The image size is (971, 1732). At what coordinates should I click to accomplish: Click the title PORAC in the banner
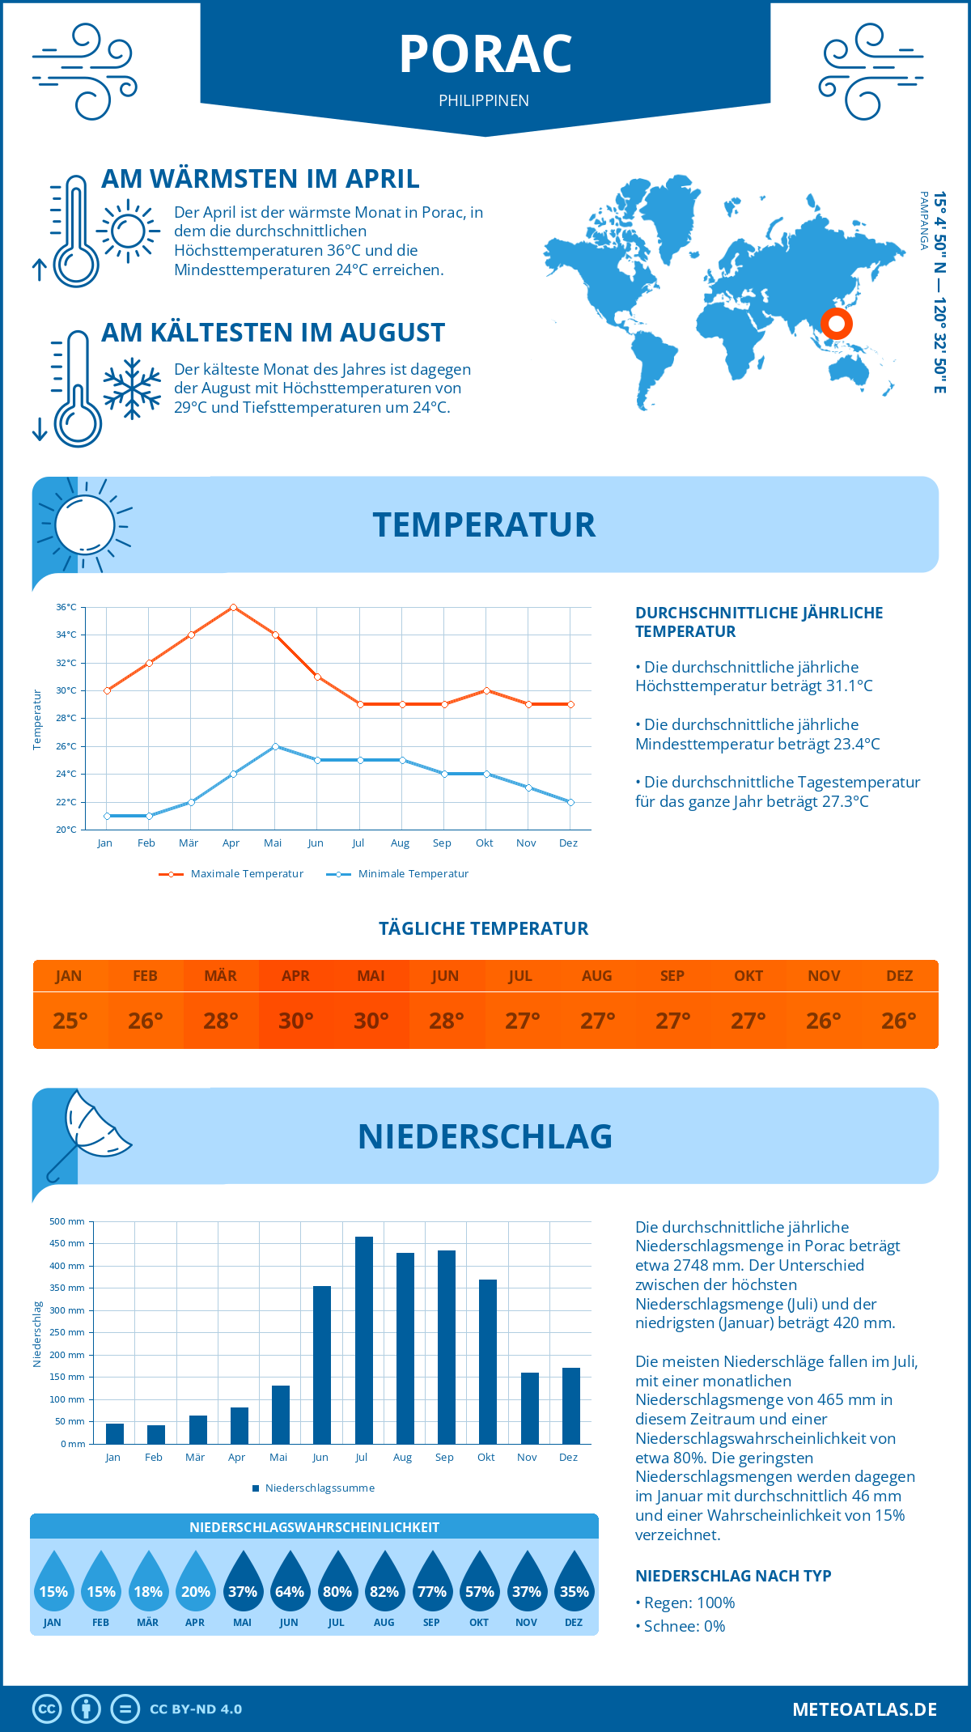[x=485, y=54]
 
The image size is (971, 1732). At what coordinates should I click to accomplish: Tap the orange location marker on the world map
[x=836, y=324]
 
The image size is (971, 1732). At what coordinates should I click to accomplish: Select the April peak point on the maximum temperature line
[x=233, y=607]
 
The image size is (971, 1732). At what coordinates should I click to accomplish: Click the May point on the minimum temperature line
[x=275, y=746]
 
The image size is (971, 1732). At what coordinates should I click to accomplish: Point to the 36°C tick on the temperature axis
[x=66, y=607]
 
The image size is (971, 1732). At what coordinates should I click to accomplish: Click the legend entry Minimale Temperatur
[x=413, y=874]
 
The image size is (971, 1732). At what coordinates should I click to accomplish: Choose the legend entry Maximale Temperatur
[x=246, y=874]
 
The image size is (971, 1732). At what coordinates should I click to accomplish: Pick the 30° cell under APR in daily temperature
[x=296, y=1021]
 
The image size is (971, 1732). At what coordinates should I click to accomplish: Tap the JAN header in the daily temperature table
[x=69, y=976]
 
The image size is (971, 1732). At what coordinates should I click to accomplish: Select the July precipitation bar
[x=364, y=1340]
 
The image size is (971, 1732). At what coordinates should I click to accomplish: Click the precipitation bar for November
[x=530, y=1408]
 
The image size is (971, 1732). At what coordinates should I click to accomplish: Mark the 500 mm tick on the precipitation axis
[x=67, y=1221]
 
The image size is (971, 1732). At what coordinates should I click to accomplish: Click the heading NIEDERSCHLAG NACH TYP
[x=733, y=1576]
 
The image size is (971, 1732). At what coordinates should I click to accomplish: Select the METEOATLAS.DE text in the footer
[x=864, y=1709]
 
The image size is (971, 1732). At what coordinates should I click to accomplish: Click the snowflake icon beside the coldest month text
[x=132, y=388]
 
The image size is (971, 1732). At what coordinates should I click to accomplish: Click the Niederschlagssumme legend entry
[x=319, y=1488]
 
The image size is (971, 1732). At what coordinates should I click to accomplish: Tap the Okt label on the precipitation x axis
[x=485, y=1458]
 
